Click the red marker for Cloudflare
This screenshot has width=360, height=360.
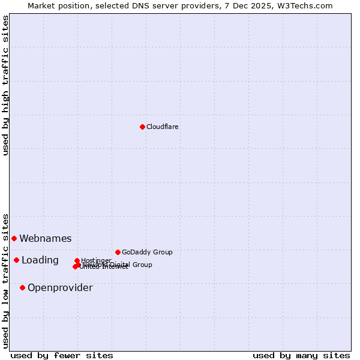(142, 127)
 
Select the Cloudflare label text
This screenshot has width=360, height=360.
(163, 127)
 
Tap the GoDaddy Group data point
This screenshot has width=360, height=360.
(118, 252)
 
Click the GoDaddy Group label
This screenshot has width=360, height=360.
(147, 252)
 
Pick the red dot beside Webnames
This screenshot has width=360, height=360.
(14, 238)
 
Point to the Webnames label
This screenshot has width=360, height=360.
(46, 238)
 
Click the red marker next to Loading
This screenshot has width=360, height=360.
(16, 260)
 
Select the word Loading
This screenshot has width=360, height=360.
(40, 260)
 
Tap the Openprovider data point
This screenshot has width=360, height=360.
(22, 287)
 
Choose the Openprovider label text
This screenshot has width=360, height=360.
(60, 287)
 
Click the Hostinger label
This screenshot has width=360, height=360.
(96, 260)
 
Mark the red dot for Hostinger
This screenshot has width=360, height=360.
(77, 260)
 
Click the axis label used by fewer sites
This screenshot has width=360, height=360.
(62, 355)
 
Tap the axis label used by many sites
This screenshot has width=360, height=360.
(301, 355)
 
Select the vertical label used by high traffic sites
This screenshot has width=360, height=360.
(5, 85)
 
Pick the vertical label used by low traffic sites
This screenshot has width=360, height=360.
(5, 280)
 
